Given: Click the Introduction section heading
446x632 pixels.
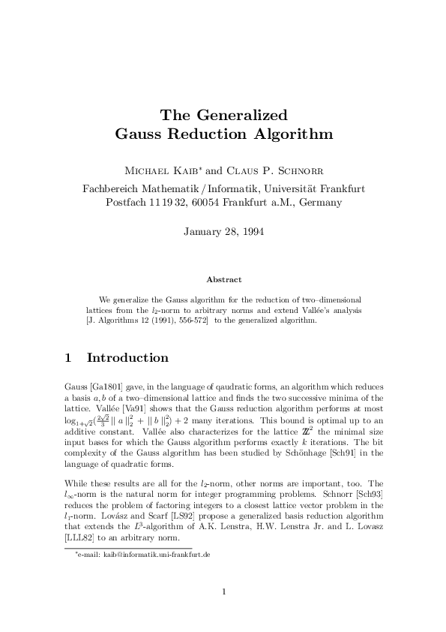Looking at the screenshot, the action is pyautogui.click(x=127, y=357).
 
